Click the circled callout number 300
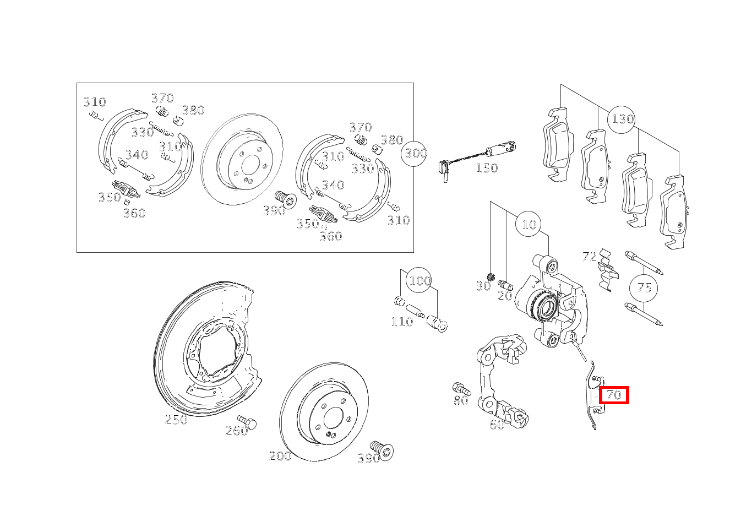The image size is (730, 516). tap(414, 154)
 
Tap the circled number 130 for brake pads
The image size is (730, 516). tap(621, 120)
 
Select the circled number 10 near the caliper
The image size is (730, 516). tap(529, 225)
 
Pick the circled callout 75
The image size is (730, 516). tap(644, 288)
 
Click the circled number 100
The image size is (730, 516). tap(420, 281)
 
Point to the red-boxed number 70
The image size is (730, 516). tap(614, 395)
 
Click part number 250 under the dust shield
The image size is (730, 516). tap(176, 420)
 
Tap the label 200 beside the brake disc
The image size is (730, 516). tap(280, 455)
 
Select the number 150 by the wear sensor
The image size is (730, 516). tap(487, 168)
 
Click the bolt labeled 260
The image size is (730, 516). tap(247, 422)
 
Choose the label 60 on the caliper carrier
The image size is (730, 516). tap(497, 425)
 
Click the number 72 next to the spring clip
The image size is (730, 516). tap(590, 257)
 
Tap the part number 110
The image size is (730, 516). tap(402, 322)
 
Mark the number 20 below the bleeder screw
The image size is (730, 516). tap(505, 296)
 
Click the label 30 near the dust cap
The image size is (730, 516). tap(483, 286)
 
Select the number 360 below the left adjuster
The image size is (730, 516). tap(134, 213)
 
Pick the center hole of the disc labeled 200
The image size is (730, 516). tap(333, 417)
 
